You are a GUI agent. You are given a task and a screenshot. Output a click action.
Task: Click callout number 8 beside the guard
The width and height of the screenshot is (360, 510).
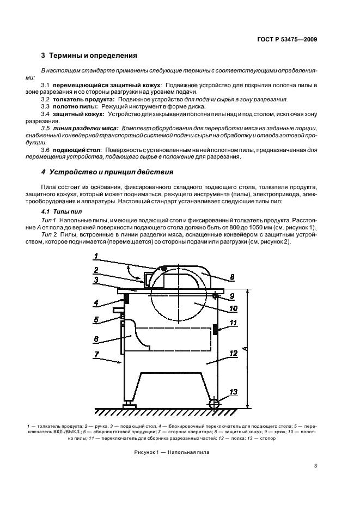pos(232,277)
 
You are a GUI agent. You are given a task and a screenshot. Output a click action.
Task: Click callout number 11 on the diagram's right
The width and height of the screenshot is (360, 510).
pos(233,324)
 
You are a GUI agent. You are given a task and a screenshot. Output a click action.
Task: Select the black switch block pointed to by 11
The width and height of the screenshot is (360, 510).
pos(215,329)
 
